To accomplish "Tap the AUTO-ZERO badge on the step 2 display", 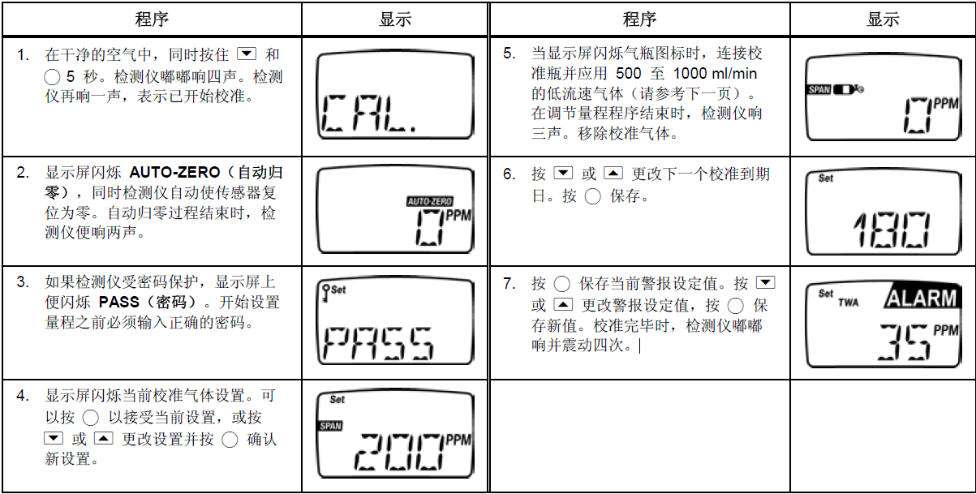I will coord(429,200).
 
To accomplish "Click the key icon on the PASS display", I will coord(326,289).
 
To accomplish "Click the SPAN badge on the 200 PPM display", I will coord(330,425).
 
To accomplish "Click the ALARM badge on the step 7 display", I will coord(921,298).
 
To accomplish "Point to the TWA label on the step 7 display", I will coord(848,303).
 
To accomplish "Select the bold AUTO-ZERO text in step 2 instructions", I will coord(174,173).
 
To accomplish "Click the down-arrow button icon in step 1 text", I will coord(247,55).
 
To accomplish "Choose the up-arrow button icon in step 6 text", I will coord(614,174).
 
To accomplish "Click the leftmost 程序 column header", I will coord(152,19).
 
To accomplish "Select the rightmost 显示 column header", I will coord(883,19).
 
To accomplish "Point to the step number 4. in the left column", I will coord(24,396).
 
